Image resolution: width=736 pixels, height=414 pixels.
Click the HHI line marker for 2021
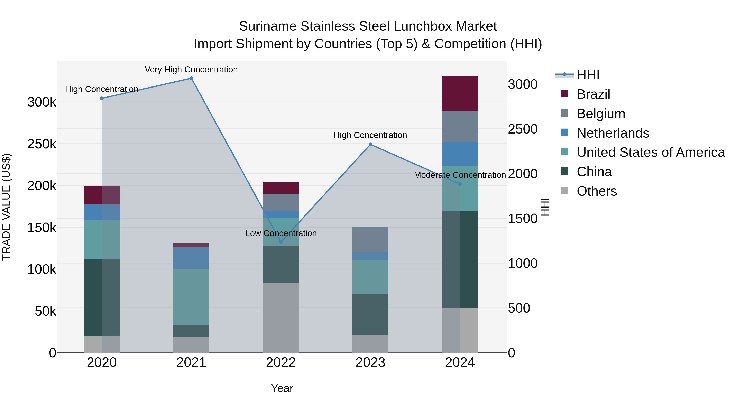(191, 78)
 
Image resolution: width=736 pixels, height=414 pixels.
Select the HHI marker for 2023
(370, 145)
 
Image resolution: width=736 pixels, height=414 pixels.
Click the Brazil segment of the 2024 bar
(460, 93)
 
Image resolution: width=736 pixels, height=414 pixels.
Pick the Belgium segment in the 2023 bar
(370, 239)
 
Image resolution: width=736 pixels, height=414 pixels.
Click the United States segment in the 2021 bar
(191, 297)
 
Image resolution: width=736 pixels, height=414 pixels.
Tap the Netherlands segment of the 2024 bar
(460, 154)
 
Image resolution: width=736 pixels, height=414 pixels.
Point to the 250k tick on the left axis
(42, 144)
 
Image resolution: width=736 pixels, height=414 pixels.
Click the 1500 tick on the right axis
(523, 219)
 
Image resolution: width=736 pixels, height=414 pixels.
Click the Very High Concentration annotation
(191, 70)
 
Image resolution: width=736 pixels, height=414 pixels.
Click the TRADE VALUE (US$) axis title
(6, 207)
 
